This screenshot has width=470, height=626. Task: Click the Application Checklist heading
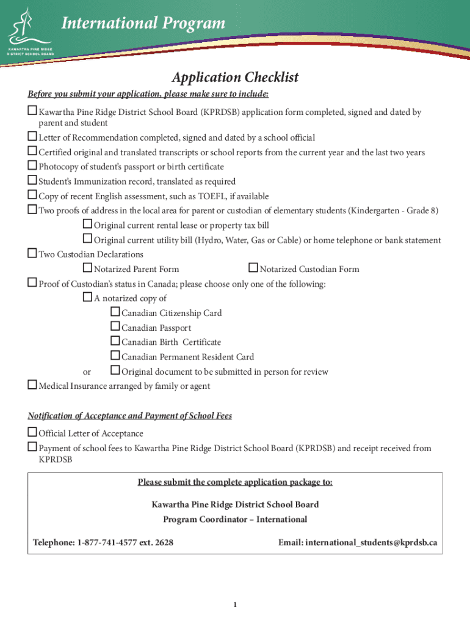coord(235,78)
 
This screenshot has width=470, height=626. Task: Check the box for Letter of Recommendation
coord(32,138)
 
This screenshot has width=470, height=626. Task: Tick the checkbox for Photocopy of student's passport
coord(32,166)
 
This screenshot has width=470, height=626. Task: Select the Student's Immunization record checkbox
coord(32,181)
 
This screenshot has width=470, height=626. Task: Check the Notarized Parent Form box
coord(87,268)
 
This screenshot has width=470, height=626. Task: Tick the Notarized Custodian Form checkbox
coord(253,268)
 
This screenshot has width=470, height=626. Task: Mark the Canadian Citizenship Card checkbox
coord(115,312)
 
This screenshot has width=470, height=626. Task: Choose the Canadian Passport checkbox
coord(115,327)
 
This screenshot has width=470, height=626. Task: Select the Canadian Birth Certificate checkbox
coord(115,342)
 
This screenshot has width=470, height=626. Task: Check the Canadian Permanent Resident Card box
coord(115,356)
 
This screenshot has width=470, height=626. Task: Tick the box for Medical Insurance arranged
coord(32,386)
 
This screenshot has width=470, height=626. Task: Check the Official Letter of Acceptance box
coord(32,433)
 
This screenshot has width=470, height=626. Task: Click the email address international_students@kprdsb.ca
coord(371,542)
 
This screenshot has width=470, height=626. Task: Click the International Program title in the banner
coord(143,24)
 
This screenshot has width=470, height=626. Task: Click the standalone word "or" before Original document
coord(87,372)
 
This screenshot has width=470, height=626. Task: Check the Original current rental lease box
coord(87,225)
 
